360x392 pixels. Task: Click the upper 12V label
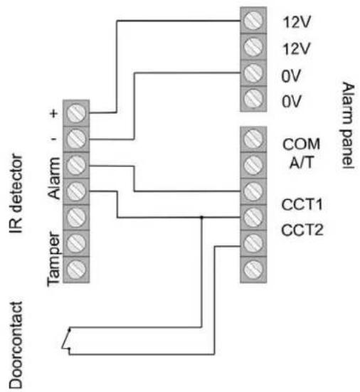pos(292,21)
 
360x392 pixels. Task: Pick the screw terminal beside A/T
pos(250,164)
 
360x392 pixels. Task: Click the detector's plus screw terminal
pos(78,112)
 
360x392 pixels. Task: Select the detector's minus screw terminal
pos(78,137)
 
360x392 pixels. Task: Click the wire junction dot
pos(203,217)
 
